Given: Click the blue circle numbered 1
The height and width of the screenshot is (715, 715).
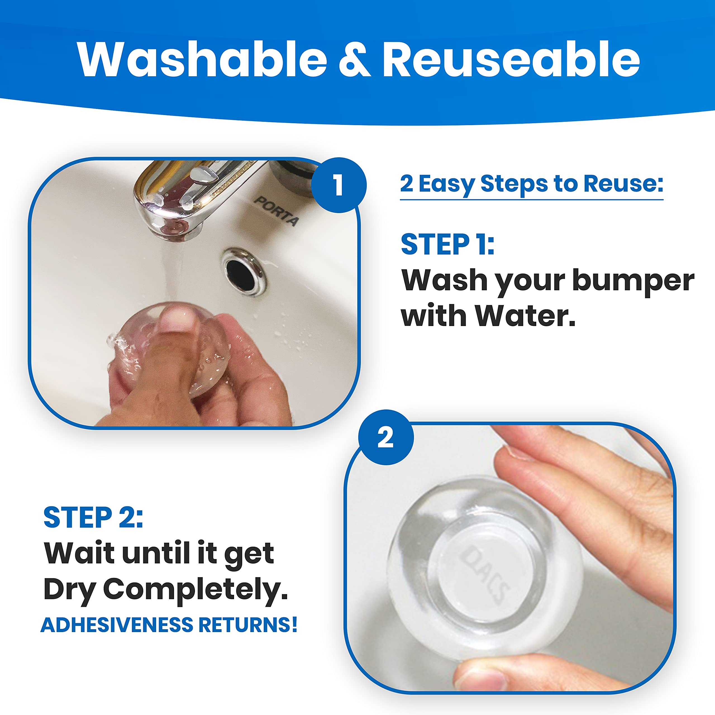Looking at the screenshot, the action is [x=338, y=185].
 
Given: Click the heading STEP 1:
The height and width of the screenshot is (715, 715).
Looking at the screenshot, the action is [x=447, y=244].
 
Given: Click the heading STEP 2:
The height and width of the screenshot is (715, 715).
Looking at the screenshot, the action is [x=93, y=517].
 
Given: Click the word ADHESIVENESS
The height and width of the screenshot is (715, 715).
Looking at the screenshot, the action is [x=117, y=625].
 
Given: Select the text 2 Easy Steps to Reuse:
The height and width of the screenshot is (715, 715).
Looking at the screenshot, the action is [x=532, y=184].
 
